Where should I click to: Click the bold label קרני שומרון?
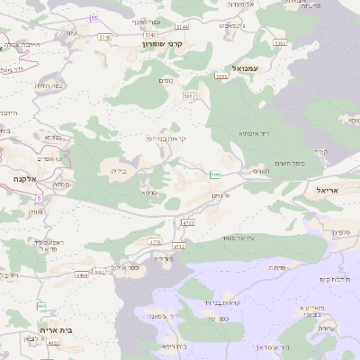click(162, 42)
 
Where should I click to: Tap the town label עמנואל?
click(244, 68)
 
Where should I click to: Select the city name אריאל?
click(330, 191)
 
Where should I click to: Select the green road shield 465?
click(41, 307)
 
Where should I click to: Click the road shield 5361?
click(280, 42)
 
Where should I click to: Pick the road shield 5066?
click(221, 76)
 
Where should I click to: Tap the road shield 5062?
click(190, 94)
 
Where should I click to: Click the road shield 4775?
click(188, 221)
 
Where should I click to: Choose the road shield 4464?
click(82, 274)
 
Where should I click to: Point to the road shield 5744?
click(183, 28)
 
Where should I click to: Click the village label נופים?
click(166, 80)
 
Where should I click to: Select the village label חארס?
click(261, 170)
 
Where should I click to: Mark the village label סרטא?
click(148, 192)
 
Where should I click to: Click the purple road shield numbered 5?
click(39, 198)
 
